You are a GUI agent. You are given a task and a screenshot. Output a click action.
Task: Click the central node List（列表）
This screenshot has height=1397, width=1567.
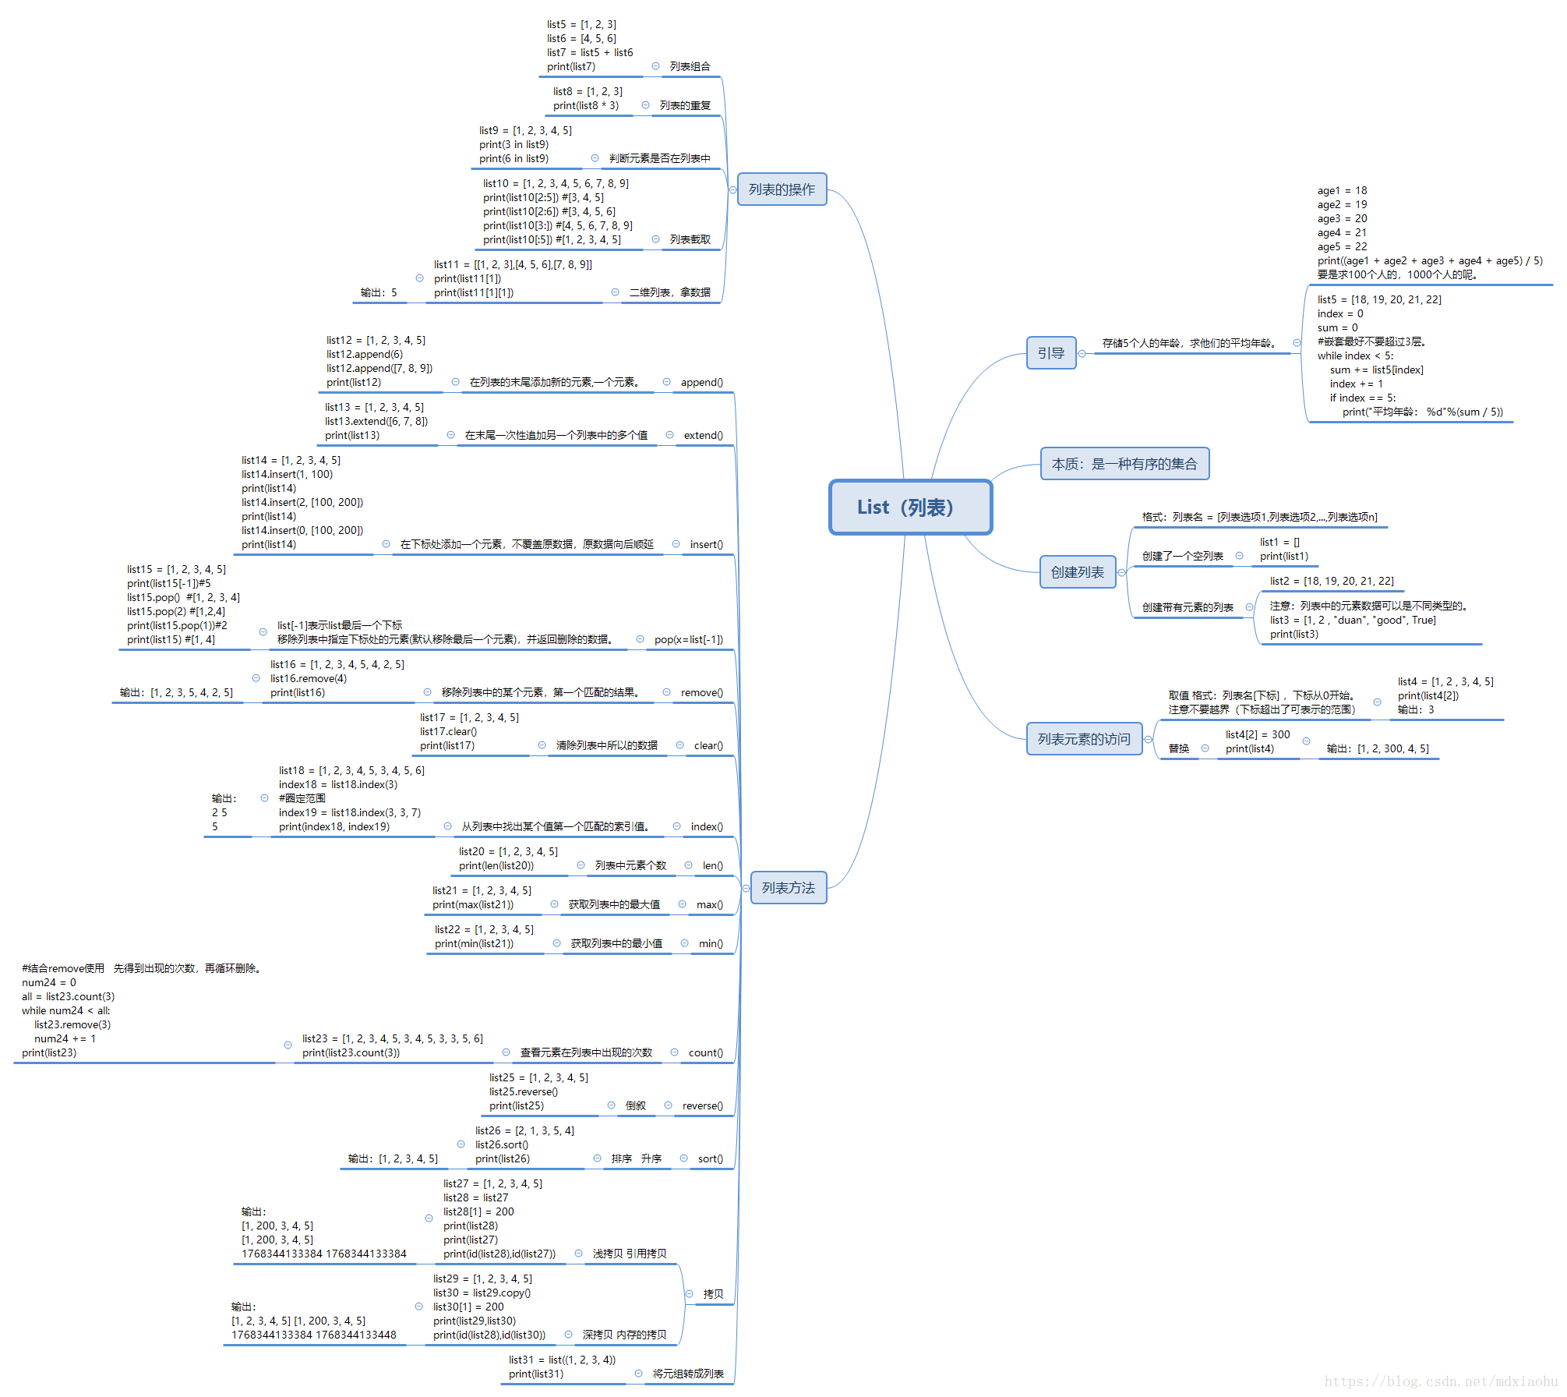[910, 508]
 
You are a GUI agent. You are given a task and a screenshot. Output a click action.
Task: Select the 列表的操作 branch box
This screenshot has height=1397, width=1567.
[782, 189]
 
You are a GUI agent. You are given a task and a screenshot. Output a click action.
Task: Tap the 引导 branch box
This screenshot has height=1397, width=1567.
[1050, 353]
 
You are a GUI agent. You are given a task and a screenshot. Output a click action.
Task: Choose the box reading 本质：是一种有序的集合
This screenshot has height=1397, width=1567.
[1124, 464]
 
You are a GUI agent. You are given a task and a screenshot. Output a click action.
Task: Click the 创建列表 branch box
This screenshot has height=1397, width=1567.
[1077, 572]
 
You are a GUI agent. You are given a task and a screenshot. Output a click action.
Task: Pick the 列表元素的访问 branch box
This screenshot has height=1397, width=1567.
[1083, 739]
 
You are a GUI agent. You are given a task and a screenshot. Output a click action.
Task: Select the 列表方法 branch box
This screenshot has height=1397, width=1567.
[788, 888]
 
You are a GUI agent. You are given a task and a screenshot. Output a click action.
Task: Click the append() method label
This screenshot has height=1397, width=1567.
[701, 382]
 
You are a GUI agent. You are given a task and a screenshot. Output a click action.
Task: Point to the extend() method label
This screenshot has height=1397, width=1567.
[703, 435]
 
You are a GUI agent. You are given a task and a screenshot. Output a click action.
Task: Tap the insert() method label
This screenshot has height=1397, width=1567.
[706, 544]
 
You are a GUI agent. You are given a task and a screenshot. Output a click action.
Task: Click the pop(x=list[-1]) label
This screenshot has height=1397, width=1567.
[688, 639]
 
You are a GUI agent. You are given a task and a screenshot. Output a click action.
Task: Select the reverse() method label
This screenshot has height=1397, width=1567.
[702, 1105]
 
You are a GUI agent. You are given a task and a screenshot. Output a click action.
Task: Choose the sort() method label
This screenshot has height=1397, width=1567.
[710, 1158]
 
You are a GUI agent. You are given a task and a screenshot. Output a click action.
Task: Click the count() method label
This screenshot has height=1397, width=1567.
[705, 1052]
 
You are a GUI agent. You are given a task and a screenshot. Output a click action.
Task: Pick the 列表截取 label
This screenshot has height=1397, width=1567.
[690, 239]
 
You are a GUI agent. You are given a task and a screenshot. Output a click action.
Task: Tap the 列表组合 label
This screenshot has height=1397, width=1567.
[690, 66]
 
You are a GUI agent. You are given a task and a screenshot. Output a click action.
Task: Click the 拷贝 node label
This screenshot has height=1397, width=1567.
[713, 1294]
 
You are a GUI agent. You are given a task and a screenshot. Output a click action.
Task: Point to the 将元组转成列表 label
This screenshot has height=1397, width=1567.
[688, 1374]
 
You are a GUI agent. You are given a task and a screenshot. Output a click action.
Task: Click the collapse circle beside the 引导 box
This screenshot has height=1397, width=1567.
[1082, 353]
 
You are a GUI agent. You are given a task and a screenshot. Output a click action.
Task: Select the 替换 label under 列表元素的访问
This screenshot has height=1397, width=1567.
[1178, 748]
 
